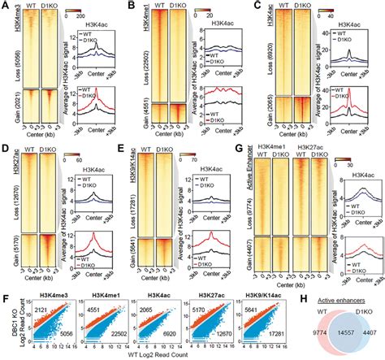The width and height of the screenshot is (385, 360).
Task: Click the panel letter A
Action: [x=6, y=7]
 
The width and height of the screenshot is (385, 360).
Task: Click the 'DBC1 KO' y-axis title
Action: [x=7, y=310]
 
